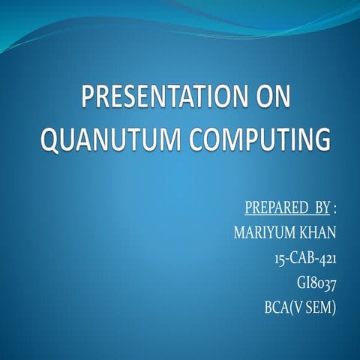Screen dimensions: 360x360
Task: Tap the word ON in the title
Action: tap(268, 100)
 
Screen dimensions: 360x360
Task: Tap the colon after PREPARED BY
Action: tap(334, 206)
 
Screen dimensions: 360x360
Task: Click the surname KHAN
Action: tap(317, 231)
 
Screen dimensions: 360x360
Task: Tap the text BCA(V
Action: tap(284, 308)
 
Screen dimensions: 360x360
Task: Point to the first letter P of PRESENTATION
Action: tap(87, 100)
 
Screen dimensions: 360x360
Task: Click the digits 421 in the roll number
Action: tap(325, 257)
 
